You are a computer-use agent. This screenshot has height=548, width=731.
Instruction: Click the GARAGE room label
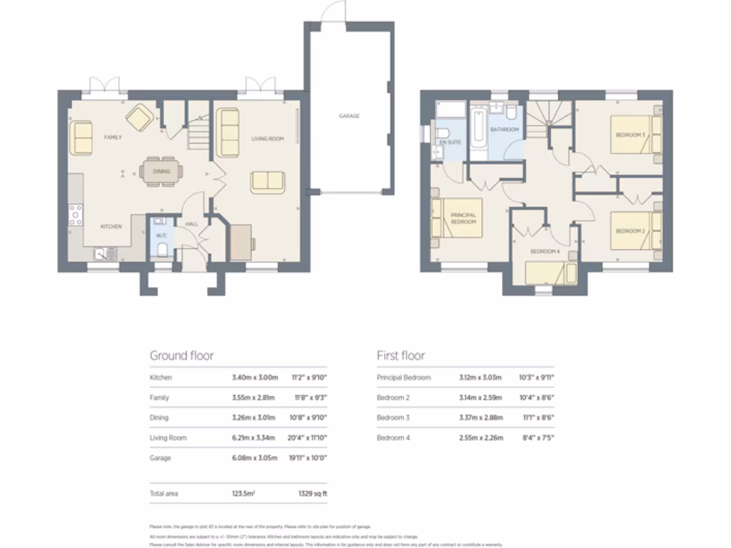coord(349,116)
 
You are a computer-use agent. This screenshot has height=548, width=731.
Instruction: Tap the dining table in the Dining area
coord(161,171)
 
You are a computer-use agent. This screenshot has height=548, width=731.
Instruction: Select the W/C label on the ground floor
coord(161,235)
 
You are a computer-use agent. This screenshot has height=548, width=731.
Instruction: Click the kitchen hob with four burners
coord(75,214)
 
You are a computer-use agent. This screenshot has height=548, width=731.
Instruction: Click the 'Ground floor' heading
coord(181,355)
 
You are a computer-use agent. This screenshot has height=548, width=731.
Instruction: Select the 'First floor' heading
coord(400,355)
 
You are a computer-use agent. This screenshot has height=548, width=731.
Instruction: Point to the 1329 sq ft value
coord(312,493)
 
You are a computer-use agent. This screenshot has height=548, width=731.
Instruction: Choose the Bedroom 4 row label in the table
coord(393,437)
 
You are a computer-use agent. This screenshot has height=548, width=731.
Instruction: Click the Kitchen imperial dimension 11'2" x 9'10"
coord(310,377)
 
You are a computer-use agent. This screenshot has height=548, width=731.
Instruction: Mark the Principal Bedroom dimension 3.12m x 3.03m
coord(480,377)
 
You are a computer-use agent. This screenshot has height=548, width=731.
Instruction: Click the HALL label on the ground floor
coord(192,224)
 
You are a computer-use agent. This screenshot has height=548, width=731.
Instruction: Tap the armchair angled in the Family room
coord(138,118)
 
